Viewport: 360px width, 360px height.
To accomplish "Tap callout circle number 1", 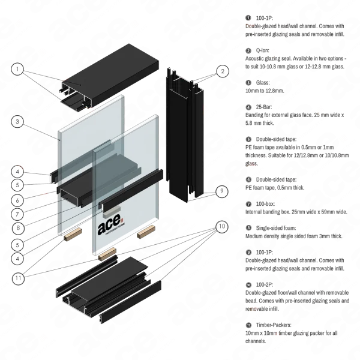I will (x=16, y=70).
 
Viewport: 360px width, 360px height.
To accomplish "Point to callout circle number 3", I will (x=19, y=124).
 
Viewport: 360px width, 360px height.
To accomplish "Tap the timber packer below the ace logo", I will (x=108, y=254).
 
